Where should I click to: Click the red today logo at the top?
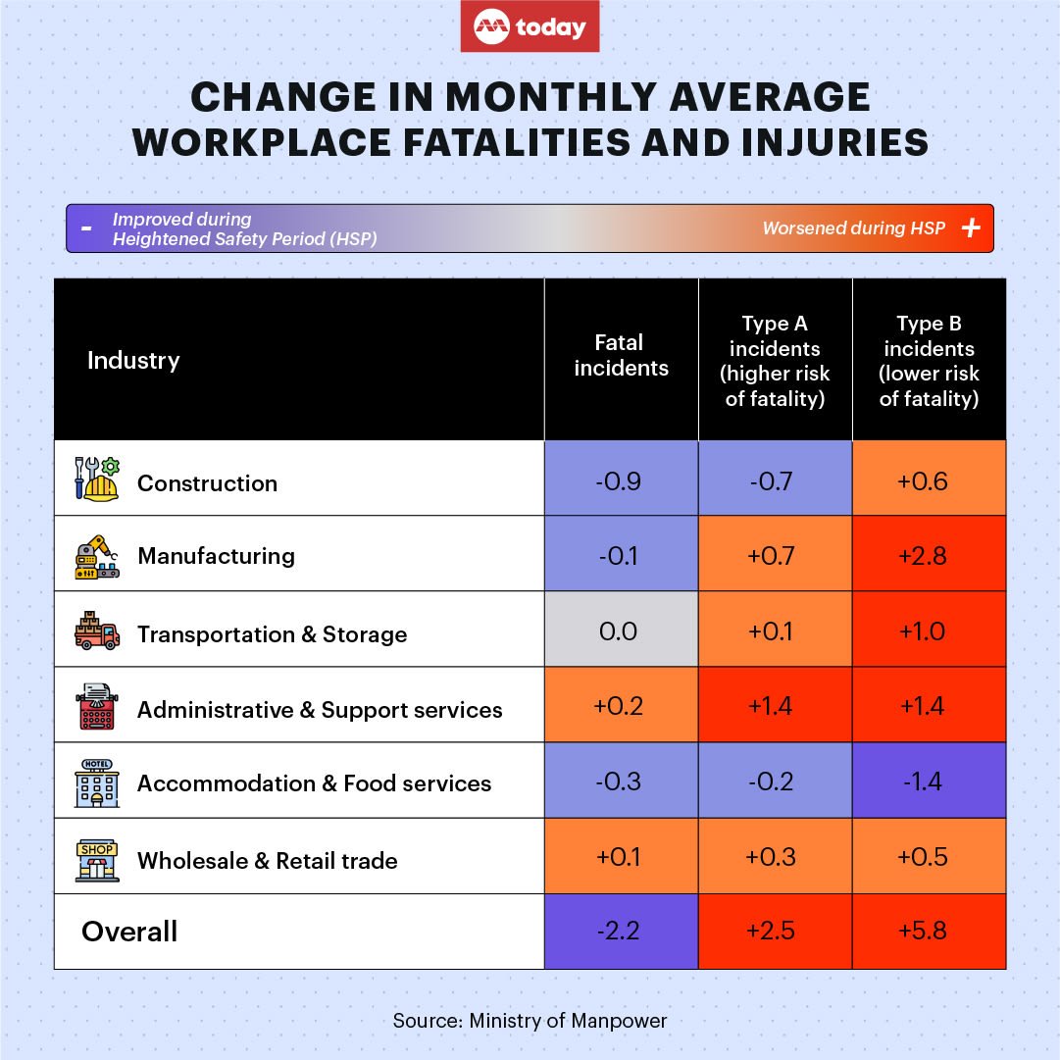[x=530, y=26]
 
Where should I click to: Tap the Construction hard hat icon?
[x=97, y=480]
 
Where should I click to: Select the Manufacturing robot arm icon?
[x=97, y=556]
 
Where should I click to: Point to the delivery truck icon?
[x=97, y=631]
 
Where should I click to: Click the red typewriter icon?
[x=97, y=708]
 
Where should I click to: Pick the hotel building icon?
[x=97, y=782]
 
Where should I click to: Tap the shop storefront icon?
[x=97, y=860]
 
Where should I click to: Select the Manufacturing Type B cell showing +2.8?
[x=929, y=555]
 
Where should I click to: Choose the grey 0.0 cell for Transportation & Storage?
[x=621, y=631]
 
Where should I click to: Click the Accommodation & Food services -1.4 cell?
[x=929, y=782]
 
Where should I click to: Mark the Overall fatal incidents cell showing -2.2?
[x=621, y=931]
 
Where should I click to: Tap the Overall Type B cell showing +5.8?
[x=929, y=931]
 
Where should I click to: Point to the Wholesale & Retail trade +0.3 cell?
[x=775, y=857]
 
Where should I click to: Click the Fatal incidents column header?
[x=621, y=355]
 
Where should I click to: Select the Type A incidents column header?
[x=775, y=360]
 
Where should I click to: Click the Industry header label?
[x=133, y=360]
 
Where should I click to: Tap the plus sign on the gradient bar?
[x=971, y=228]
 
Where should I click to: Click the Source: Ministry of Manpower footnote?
[x=530, y=1020]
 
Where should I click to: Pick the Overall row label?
[x=129, y=931]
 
